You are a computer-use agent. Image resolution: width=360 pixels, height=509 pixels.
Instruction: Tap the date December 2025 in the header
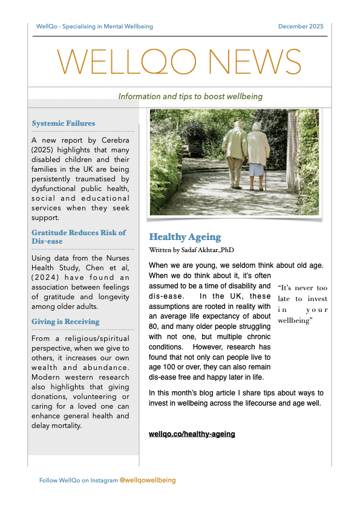click(301, 27)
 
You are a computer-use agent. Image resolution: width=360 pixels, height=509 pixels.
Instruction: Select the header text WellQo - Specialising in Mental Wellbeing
click(94, 27)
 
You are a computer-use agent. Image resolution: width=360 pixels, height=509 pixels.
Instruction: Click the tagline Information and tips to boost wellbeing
click(190, 96)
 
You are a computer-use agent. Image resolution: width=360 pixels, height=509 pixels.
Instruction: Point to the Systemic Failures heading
click(64, 123)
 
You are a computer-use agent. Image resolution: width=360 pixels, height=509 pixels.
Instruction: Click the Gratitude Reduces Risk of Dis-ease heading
click(79, 237)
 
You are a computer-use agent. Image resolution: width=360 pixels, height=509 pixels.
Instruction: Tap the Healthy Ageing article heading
click(185, 237)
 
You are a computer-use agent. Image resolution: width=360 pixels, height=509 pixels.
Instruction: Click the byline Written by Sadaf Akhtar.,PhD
click(191, 250)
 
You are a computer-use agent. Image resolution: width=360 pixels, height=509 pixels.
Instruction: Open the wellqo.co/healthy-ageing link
click(192, 434)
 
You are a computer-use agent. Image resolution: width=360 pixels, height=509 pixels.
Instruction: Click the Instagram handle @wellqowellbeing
click(148, 480)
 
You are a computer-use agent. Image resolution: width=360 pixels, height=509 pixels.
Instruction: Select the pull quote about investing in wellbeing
click(303, 305)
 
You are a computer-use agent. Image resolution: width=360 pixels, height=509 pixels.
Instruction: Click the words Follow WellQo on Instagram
click(79, 480)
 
